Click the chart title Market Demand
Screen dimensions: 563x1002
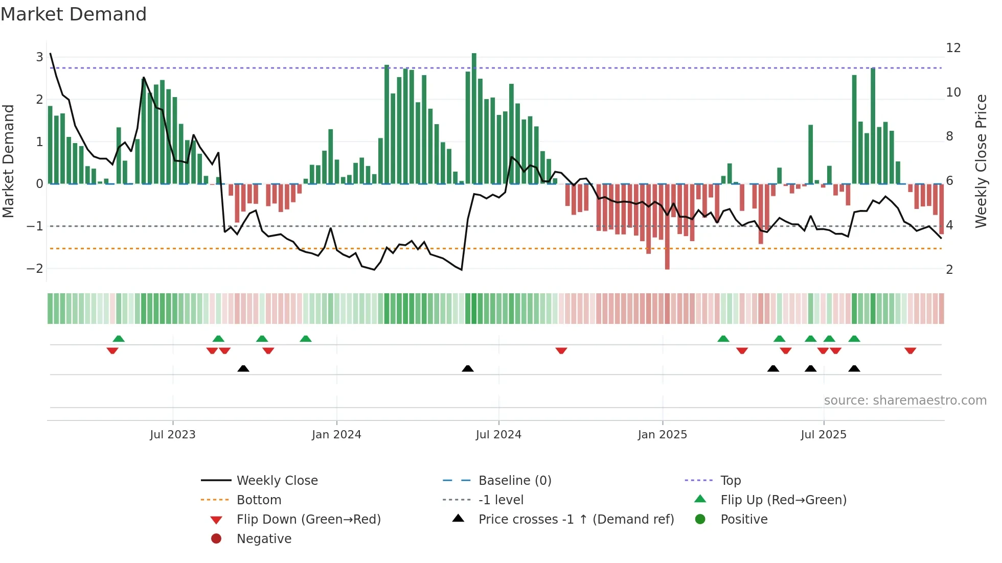(x=74, y=14)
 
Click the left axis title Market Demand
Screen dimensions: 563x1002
(x=9, y=161)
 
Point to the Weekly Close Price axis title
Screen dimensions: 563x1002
(x=981, y=161)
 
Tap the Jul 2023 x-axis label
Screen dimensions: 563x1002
(x=172, y=435)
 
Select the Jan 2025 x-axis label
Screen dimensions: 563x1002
(x=662, y=435)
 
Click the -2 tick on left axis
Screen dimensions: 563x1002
(x=35, y=268)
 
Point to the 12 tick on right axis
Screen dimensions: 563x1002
(x=953, y=48)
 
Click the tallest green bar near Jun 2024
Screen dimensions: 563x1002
(x=474, y=118)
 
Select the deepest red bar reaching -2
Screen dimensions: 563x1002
(x=667, y=227)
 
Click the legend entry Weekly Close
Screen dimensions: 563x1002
(x=277, y=481)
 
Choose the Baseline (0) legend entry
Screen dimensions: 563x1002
(x=514, y=481)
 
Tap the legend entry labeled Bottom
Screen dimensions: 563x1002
(x=259, y=500)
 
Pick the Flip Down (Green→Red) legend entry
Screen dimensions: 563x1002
(x=308, y=520)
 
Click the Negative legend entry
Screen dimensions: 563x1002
(x=264, y=539)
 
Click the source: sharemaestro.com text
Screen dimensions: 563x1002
(x=905, y=401)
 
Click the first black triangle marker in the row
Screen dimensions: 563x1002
(x=243, y=368)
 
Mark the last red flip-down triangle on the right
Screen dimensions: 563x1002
(x=910, y=350)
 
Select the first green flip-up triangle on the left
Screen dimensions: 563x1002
(x=119, y=339)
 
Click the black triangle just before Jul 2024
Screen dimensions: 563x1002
(x=467, y=368)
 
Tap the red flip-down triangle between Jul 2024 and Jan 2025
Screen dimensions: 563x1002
(x=561, y=350)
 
